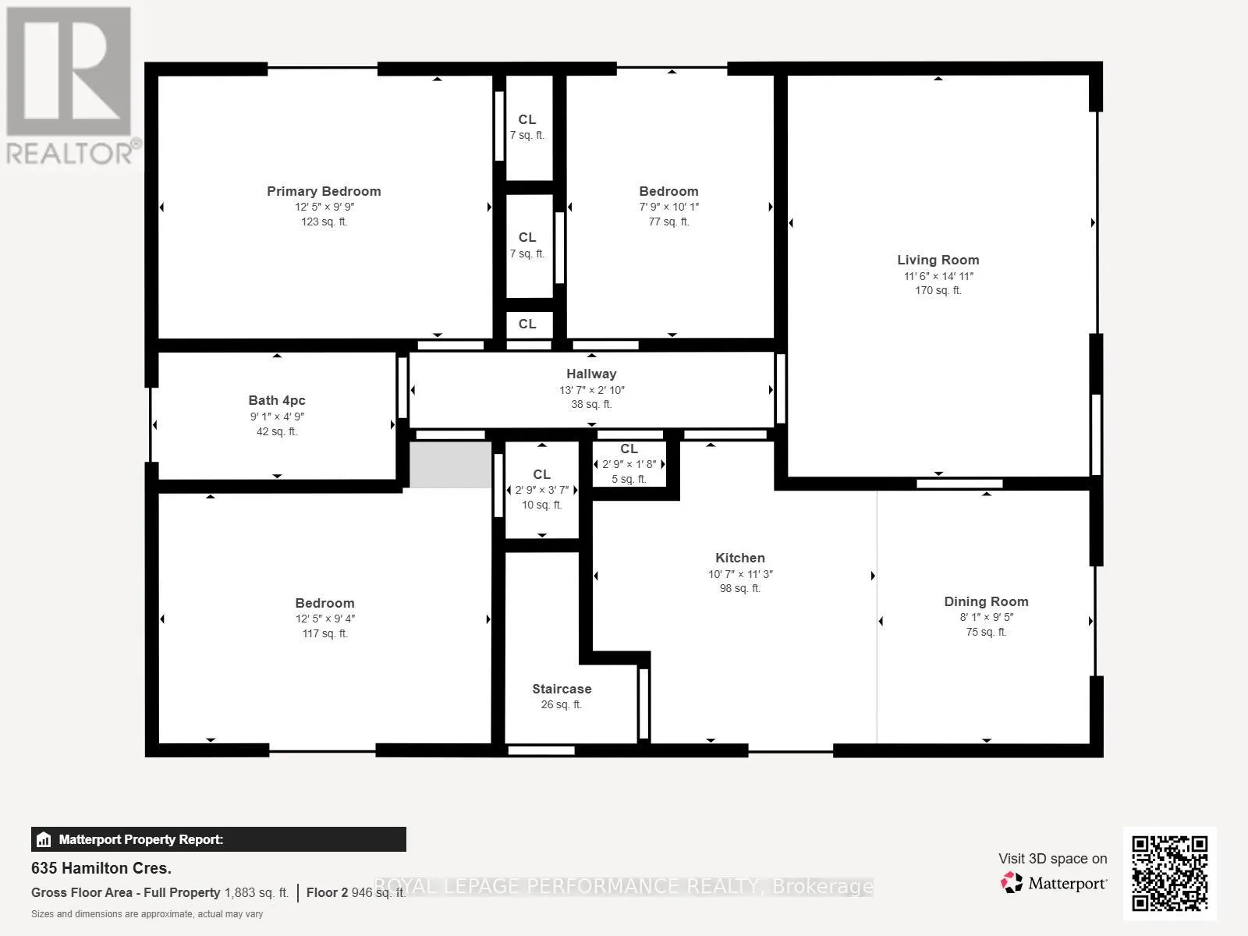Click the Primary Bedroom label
point(324,192)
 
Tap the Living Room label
point(938,261)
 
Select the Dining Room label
point(986,601)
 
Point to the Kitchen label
point(739,558)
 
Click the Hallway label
point(591,374)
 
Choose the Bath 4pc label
point(277,401)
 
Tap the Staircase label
point(562,689)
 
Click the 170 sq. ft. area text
point(938,290)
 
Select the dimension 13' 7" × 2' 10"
point(592,390)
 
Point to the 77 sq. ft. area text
point(668,222)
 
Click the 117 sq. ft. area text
point(324,633)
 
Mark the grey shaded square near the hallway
point(451,464)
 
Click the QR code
point(1169,874)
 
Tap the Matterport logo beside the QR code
point(1054,883)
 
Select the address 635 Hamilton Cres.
point(101,868)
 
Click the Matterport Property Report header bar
point(219,839)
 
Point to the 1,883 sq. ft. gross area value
point(257,893)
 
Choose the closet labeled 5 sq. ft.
point(629,464)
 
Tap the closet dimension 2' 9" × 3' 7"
point(542,490)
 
